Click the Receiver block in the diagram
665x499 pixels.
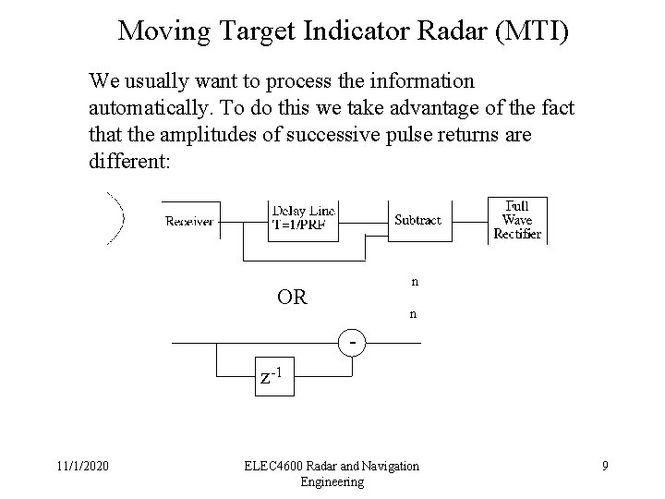[x=190, y=221]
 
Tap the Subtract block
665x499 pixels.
[x=417, y=221]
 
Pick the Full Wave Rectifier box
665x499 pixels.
[x=516, y=221]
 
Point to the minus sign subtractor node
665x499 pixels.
[x=354, y=342]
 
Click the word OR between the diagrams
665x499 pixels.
[x=293, y=298]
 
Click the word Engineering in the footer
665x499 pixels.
[x=332, y=482]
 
